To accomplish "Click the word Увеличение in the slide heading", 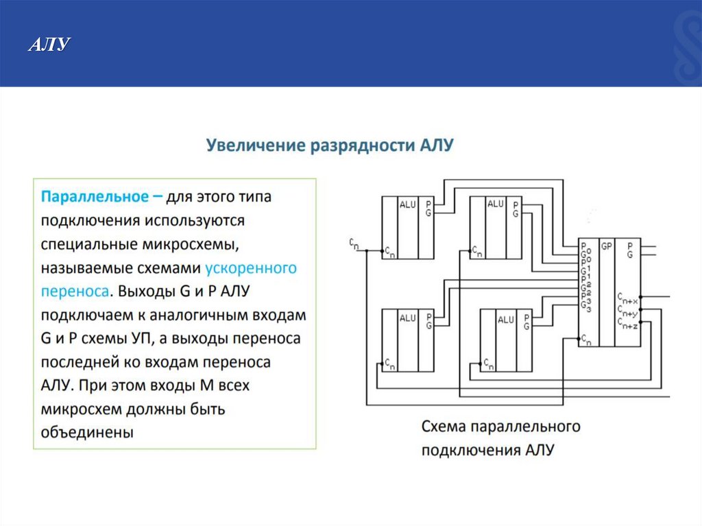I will [256, 145].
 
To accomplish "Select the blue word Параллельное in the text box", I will [95, 197].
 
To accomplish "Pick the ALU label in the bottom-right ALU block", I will [506, 320].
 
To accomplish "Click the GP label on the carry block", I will [606, 246].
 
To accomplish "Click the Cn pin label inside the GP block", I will [585, 339].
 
